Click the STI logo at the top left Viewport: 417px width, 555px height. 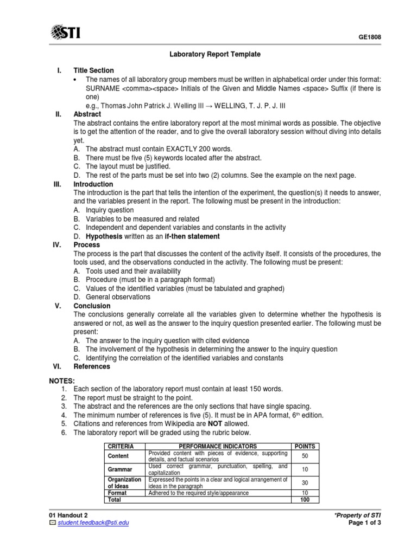(x=65, y=33)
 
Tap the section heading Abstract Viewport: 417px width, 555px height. (x=87, y=114)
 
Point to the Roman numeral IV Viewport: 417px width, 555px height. (x=56, y=245)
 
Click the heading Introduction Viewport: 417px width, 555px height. (x=93, y=184)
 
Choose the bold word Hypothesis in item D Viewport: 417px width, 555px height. (x=102, y=236)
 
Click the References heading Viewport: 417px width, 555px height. (x=92, y=366)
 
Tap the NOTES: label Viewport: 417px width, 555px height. (x=62, y=381)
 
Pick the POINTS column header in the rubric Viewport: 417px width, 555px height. (x=304, y=446)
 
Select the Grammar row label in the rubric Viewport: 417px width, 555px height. (x=121, y=469)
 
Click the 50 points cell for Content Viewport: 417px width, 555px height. (x=304, y=456)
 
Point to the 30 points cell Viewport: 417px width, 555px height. (x=304, y=482)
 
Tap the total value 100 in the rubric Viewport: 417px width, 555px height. (x=304, y=500)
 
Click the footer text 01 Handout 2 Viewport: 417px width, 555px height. (x=68, y=514)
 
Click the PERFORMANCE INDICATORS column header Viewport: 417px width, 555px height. (x=217, y=446)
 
